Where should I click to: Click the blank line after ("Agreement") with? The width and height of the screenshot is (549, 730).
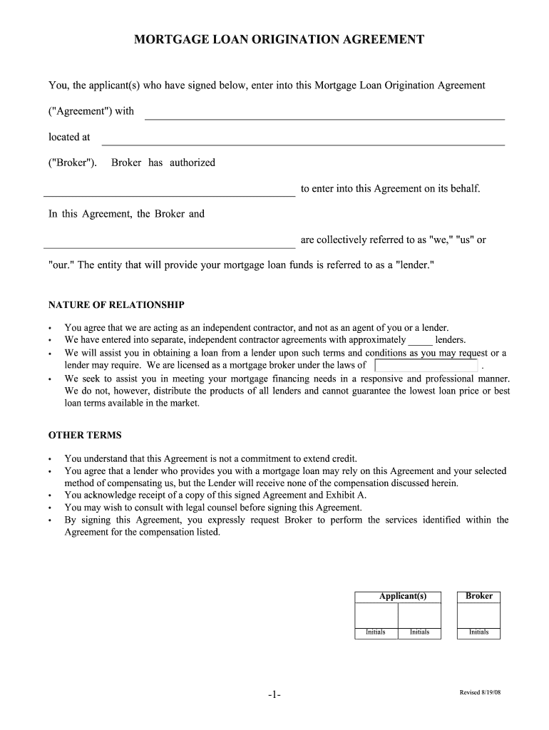(324, 115)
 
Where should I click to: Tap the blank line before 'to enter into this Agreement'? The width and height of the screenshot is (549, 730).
(170, 191)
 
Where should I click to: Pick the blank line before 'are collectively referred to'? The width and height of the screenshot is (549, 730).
(170, 243)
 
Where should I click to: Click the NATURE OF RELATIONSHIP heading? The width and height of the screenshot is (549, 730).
(116, 305)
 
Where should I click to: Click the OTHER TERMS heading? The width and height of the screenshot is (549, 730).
(85, 435)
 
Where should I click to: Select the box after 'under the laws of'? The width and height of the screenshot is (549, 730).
(426, 366)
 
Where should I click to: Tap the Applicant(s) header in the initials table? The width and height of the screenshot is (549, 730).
(402, 597)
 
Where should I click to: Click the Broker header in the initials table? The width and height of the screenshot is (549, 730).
(478, 596)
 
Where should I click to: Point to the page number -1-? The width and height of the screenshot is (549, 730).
(274, 695)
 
